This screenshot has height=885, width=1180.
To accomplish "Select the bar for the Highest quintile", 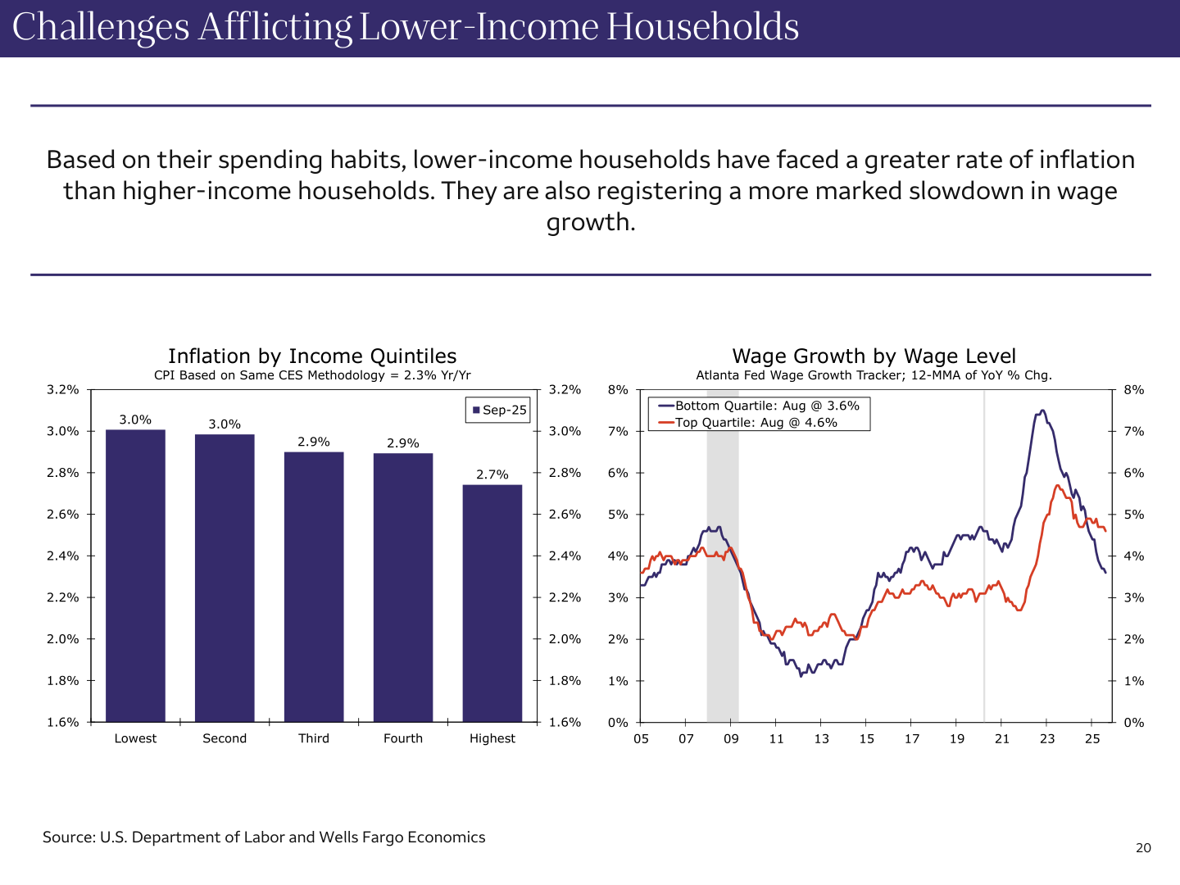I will coord(492,603).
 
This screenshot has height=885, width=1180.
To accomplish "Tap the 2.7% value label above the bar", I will coord(492,474).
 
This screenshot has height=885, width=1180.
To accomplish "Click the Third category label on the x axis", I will coord(314,738).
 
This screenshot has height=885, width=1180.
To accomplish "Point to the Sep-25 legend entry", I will coord(498,410).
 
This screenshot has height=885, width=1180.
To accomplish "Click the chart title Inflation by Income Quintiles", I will coord(312,356).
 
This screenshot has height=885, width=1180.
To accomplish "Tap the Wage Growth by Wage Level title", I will coord(874,356).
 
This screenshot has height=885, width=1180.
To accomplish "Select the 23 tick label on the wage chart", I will coord(1047,739).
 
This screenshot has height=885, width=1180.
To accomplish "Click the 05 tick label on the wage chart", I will coord(641,739).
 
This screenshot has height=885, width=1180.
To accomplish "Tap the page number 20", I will coord(1143,848).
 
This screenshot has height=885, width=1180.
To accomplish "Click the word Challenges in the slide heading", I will coord(100,27).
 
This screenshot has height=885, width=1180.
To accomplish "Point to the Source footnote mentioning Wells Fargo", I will coord(264,837).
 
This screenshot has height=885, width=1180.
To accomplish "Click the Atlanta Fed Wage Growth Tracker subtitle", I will coord(874,375).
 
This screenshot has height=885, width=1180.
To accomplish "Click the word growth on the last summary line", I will coord(590,223).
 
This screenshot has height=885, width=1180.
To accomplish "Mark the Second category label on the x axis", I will coord(225,738).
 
